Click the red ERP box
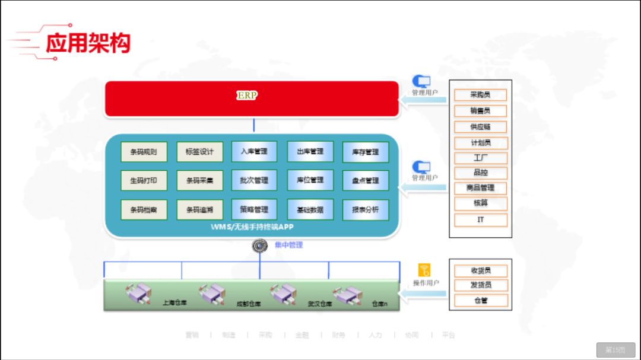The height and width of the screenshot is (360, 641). click(x=252, y=98)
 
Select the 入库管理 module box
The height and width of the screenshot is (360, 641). click(x=254, y=152)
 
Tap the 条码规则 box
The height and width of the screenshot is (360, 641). click(x=144, y=152)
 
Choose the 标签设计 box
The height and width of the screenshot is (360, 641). click(x=199, y=152)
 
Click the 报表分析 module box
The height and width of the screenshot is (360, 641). click(x=366, y=210)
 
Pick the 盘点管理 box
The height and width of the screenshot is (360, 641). click(x=366, y=181)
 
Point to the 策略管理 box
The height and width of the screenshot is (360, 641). click(x=254, y=210)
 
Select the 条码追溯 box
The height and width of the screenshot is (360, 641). click(x=199, y=210)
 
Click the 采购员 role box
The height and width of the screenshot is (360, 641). click(x=481, y=95)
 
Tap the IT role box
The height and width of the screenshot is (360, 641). click(x=481, y=220)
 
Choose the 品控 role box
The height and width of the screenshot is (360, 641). click(x=481, y=173)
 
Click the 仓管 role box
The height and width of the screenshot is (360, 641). click(x=481, y=301)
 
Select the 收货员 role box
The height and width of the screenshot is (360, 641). click(x=481, y=271)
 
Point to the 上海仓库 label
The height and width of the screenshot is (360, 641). click(x=174, y=303)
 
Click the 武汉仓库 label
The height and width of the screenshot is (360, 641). click(x=320, y=304)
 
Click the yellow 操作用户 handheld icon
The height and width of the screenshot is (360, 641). click(x=424, y=270)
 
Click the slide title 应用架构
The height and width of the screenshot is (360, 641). click(x=88, y=43)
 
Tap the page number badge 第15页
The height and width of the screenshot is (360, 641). click(x=615, y=350)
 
